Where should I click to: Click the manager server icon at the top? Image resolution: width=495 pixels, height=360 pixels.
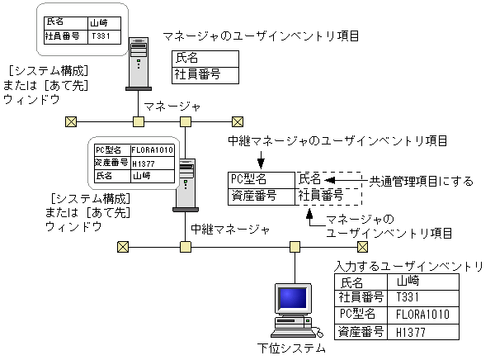click(x=139, y=63)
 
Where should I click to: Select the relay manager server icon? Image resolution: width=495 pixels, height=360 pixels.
click(x=186, y=183)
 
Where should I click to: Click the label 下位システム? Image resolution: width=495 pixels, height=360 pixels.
click(x=291, y=348)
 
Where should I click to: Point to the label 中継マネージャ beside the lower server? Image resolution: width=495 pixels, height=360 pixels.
click(x=230, y=229)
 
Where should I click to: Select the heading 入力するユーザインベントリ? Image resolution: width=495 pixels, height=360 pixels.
click(x=409, y=266)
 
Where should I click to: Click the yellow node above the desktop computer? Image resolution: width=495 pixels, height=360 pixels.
click(x=295, y=246)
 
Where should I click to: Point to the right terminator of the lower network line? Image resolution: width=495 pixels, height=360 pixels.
click(x=361, y=246)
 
